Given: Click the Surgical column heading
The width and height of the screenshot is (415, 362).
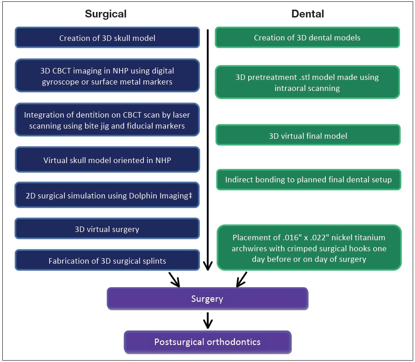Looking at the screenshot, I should tap(106, 14).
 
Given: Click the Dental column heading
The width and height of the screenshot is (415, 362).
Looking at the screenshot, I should tap(307, 14).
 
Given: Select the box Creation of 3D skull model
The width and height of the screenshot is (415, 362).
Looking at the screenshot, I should tap(107, 38).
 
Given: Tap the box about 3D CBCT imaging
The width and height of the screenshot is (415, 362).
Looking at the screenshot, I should tap(107, 76).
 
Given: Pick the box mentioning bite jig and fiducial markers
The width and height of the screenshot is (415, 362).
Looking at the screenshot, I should tap(107, 120).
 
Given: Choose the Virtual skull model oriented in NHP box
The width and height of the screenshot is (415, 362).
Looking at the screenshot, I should tap(107, 160).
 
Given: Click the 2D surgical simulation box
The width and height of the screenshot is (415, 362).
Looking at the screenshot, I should tap(107, 196).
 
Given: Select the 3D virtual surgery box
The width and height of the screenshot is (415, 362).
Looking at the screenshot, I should tap(107, 229).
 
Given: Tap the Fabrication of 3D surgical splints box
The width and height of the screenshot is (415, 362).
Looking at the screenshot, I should tap(107, 261).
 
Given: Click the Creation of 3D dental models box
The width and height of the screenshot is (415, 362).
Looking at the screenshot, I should tap(307, 38).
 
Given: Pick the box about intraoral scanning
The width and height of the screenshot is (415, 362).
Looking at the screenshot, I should tap(307, 82).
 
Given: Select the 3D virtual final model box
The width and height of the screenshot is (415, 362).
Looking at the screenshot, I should tap(308, 136).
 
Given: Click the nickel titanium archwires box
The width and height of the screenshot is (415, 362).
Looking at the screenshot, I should tap(309, 248).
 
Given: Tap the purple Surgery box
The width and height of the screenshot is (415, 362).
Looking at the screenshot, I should tap(207, 299).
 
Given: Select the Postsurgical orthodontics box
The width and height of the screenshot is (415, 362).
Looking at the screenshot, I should tap(207, 342).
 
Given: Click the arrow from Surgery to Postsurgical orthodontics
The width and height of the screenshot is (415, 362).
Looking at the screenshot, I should tap(208, 320).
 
